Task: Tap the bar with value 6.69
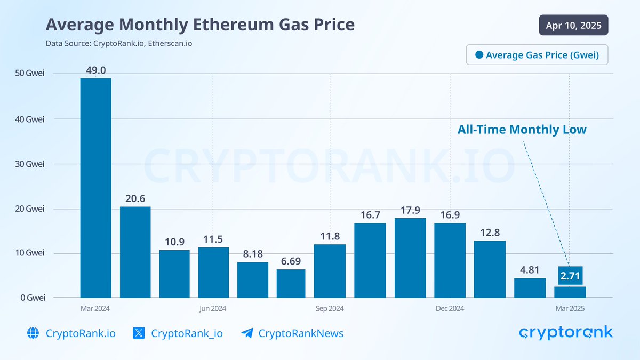[x=291, y=283]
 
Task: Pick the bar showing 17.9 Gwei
[x=410, y=258]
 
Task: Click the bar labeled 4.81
[x=530, y=287]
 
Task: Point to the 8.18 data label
[x=253, y=254]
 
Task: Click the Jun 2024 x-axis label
[x=212, y=309]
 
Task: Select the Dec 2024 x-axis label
[x=450, y=309]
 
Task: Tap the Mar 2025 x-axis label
[x=570, y=309]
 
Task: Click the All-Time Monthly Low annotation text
[x=522, y=130]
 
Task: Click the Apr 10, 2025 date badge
[x=573, y=25]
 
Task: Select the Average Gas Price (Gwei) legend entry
[x=537, y=54]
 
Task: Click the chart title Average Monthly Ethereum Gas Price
[x=200, y=25]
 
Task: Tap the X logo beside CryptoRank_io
[x=139, y=333]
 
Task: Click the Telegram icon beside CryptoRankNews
[x=247, y=333]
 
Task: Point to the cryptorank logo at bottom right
[x=566, y=333]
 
